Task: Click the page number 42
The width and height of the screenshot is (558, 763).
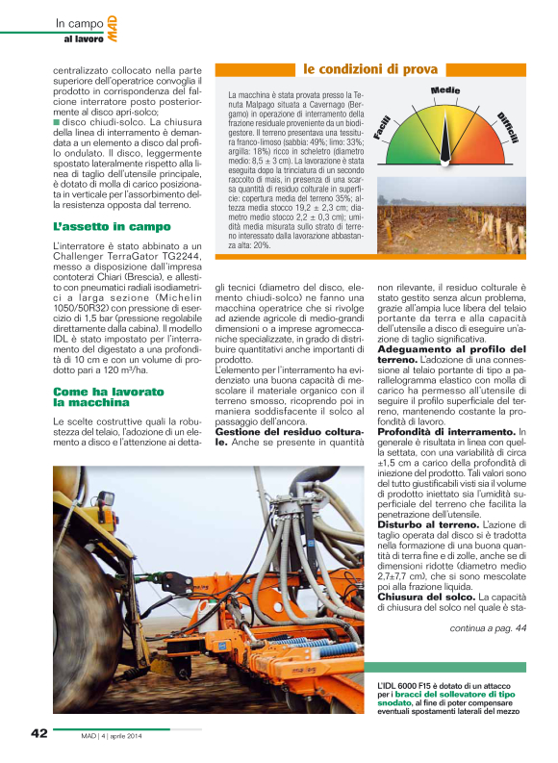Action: pos(38,732)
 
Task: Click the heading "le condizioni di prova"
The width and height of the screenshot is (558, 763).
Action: pos(370,69)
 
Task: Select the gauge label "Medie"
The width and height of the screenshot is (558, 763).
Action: pos(444,90)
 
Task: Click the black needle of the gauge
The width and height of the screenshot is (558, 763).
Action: pos(445,144)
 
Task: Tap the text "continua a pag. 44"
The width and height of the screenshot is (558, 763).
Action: pos(488,628)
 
